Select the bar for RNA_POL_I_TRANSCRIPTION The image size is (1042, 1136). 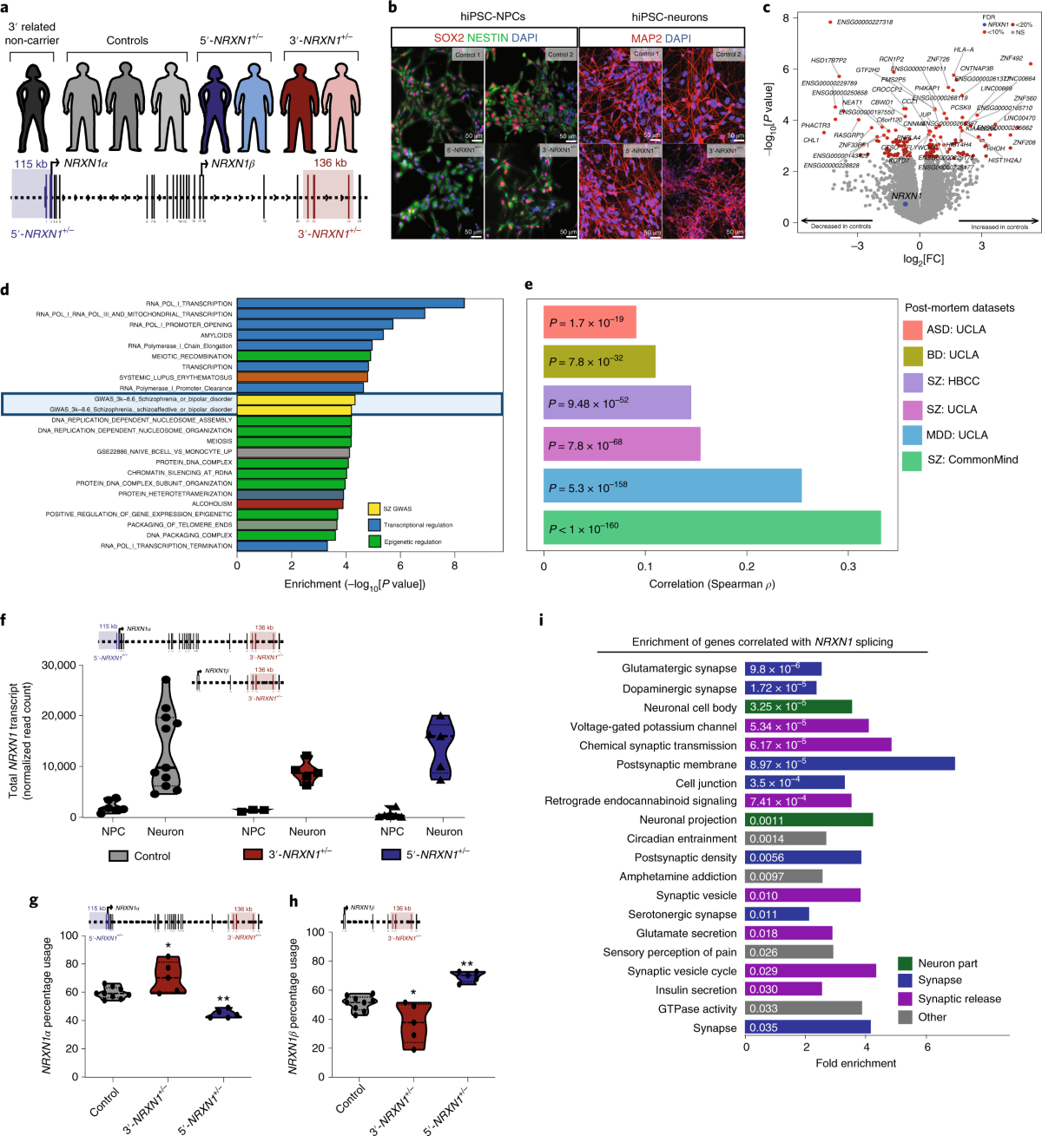pyautogui.click(x=351, y=303)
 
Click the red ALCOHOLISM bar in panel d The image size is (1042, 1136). pyautogui.click(x=290, y=503)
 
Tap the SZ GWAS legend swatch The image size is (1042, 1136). pyautogui.click(x=374, y=509)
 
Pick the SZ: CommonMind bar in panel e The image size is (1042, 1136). pyautogui.click(x=712, y=528)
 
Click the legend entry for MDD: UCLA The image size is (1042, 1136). pyautogui.click(x=912, y=435)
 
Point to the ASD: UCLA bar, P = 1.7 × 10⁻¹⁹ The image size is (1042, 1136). pyautogui.click(x=590, y=322)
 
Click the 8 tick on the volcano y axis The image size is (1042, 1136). pyautogui.click(x=785, y=18)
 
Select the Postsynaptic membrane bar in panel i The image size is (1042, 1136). pyautogui.click(x=850, y=765)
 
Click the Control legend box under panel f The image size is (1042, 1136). pyautogui.click(x=118, y=856)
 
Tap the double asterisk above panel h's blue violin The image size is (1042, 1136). pyautogui.click(x=467, y=964)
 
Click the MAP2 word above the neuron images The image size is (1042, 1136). pyautogui.click(x=646, y=39)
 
